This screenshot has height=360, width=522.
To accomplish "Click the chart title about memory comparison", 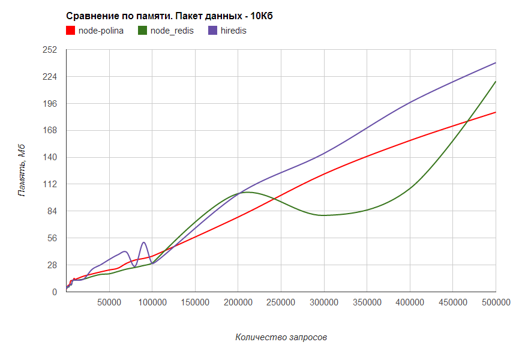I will click(x=169, y=16).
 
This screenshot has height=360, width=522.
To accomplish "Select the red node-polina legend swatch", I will click(x=70, y=30).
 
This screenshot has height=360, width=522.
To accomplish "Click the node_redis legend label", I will click(x=172, y=31).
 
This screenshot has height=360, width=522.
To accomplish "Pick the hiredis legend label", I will click(x=233, y=31).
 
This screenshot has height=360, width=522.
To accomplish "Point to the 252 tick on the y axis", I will click(x=49, y=50).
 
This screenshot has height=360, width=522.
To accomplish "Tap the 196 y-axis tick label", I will click(x=49, y=104).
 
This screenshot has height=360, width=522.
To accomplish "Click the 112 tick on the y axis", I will click(x=49, y=184).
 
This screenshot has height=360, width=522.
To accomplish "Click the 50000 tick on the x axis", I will click(x=109, y=302).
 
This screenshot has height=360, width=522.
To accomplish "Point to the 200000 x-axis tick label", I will click(x=238, y=302).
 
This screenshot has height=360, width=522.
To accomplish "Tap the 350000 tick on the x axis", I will click(x=367, y=302).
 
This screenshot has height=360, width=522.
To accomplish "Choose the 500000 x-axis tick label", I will click(x=496, y=302).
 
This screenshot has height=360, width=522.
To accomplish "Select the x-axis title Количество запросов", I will click(x=281, y=337).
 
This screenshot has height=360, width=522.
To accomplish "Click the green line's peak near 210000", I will click(x=247, y=192).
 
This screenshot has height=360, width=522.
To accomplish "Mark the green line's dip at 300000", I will click(x=324, y=215).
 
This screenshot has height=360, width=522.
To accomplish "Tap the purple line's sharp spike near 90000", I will click(x=144, y=242).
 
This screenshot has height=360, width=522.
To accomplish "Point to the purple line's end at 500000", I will click(x=496, y=62).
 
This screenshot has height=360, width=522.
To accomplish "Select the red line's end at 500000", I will click(x=496, y=112).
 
